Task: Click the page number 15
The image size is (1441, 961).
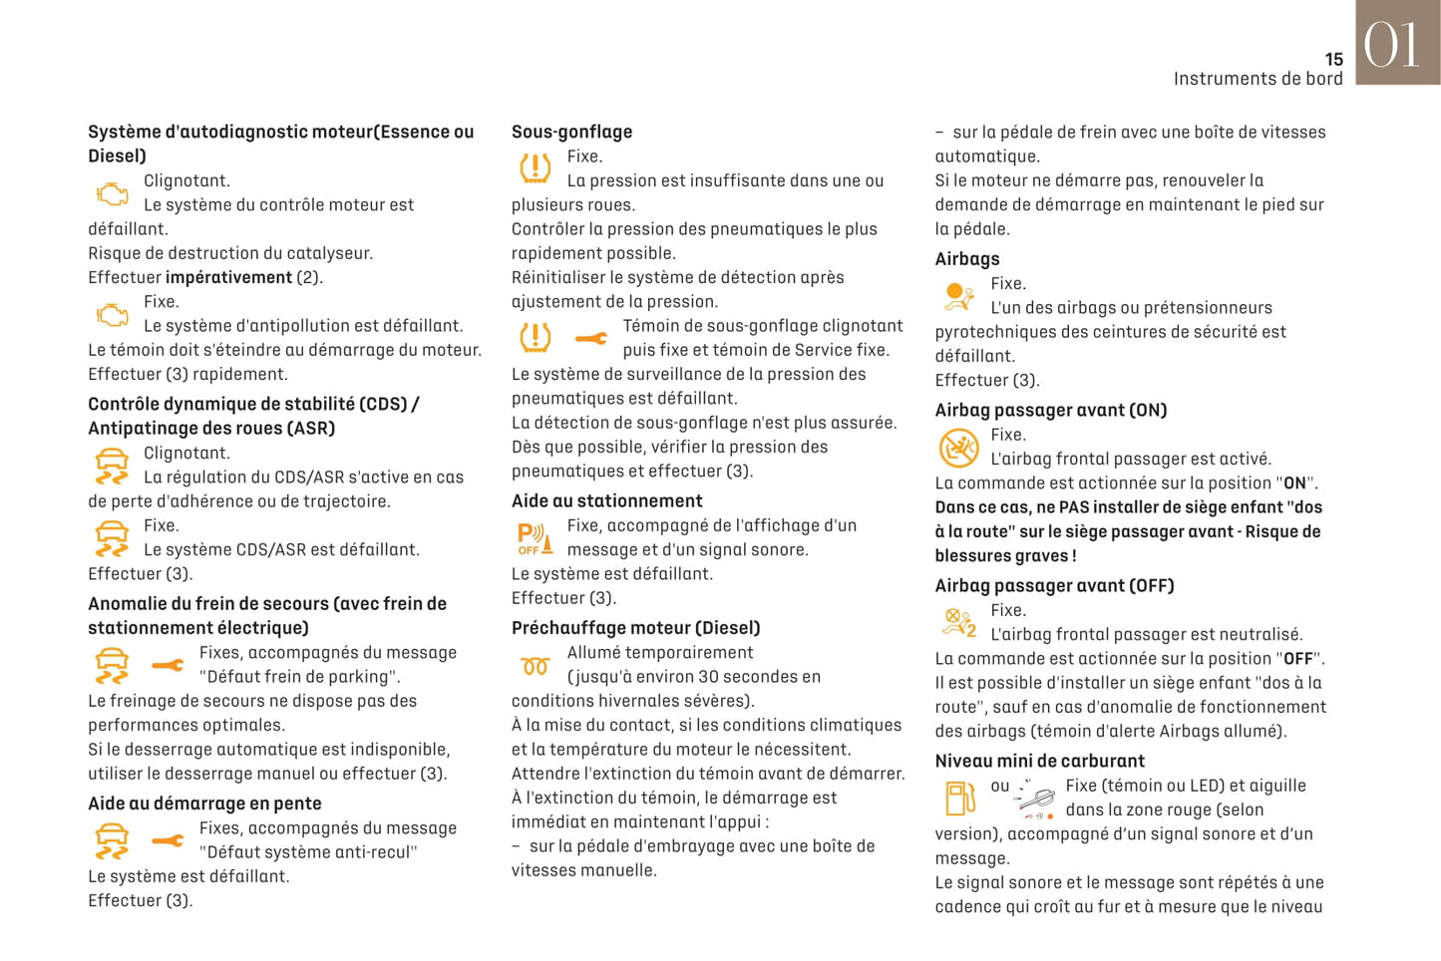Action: click(1333, 60)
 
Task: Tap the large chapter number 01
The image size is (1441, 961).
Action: click(1391, 45)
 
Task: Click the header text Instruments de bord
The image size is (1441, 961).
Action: click(1258, 79)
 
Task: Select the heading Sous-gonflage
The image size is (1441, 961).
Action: click(571, 132)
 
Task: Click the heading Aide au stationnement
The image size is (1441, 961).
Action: click(606, 501)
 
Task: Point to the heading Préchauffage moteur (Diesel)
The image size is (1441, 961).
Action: click(635, 628)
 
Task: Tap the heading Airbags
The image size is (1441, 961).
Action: click(966, 259)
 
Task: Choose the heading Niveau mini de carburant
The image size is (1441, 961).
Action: click(1039, 762)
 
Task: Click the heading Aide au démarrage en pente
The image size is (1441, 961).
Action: click(204, 803)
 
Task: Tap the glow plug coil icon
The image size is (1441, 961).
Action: click(536, 666)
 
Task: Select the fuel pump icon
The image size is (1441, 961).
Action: click(959, 799)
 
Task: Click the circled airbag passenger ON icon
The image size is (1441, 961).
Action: click(958, 448)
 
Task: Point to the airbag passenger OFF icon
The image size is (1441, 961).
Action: click(959, 623)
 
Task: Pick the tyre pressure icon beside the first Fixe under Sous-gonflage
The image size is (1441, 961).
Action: click(536, 167)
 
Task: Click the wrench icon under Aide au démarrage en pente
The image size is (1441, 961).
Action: click(168, 841)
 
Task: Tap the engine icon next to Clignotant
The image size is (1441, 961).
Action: click(112, 193)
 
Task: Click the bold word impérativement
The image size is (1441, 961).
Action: click(228, 278)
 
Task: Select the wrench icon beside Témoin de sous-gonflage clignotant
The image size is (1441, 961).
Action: click(590, 339)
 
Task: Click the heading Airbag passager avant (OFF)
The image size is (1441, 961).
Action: click(1054, 586)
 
